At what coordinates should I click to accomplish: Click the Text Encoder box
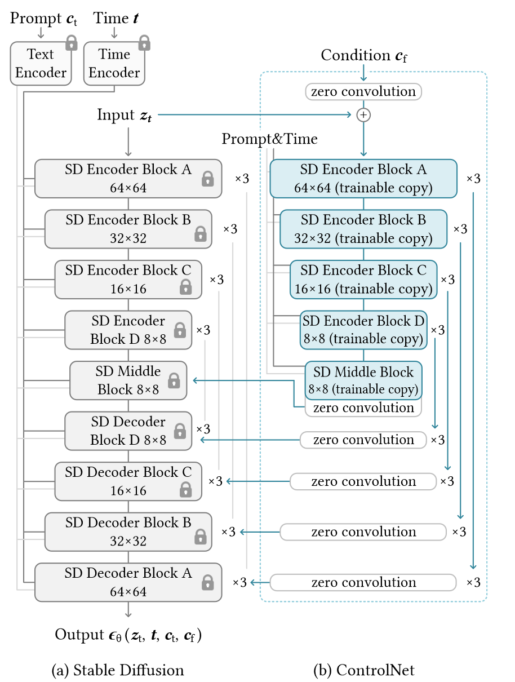click(x=41, y=64)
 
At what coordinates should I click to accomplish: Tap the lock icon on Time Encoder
click(x=145, y=43)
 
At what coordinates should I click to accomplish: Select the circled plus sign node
click(x=363, y=114)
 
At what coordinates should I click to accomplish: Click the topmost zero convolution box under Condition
click(x=363, y=91)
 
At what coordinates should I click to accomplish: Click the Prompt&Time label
click(x=269, y=139)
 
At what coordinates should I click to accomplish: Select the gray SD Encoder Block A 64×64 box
click(x=128, y=179)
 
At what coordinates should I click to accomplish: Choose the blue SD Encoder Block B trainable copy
click(x=363, y=229)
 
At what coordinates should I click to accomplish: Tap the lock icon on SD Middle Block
click(x=174, y=380)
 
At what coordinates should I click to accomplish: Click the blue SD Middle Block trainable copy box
click(x=363, y=380)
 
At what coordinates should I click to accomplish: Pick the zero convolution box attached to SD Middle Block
click(x=363, y=408)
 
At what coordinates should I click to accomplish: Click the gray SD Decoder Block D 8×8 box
click(x=128, y=431)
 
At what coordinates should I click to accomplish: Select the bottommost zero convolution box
click(x=363, y=582)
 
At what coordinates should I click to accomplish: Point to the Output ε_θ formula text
click(x=128, y=635)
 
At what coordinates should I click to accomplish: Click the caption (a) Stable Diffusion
click(x=117, y=670)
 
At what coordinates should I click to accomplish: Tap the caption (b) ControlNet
click(x=363, y=670)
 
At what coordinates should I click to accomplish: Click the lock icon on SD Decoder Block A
click(x=208, y=582)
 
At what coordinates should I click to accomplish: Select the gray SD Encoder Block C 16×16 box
click(x=128, y=280)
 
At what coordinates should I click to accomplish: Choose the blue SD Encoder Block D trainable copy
click(x=363, y=330)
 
